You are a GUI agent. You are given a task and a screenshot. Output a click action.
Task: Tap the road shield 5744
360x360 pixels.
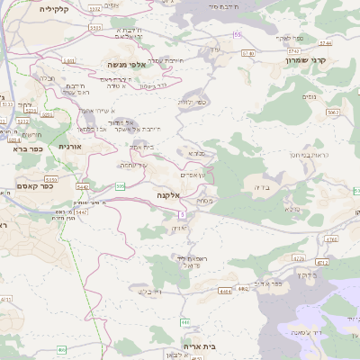tap(324, 42)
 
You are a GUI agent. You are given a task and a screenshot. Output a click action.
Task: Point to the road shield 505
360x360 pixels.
tap(120, 185)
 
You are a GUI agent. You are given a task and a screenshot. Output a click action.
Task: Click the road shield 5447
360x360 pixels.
tap(83, 186)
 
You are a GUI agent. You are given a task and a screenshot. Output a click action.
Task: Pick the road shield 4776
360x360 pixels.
tap(299, 257)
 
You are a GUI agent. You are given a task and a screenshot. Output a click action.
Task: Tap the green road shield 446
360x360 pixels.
tap(185, 321)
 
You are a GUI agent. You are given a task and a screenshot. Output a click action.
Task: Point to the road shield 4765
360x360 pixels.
tap(331, 239)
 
